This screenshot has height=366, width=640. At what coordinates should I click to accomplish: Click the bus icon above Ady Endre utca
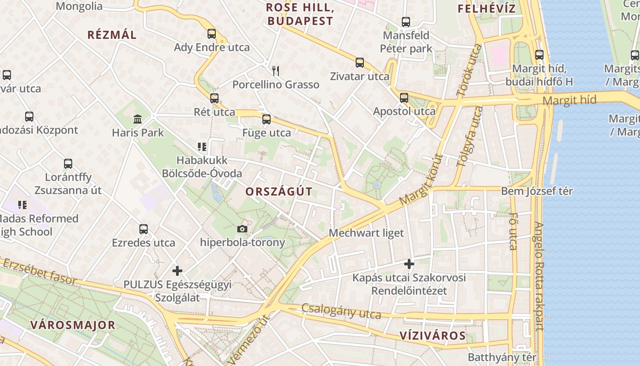click(x=211, y=33)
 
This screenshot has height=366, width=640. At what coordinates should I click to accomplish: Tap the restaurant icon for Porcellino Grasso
click(x=275, y=70)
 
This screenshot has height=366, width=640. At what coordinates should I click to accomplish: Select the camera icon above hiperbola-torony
click(x=242, y=229)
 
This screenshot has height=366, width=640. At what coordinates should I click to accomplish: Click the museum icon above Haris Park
click(x=137, y=119)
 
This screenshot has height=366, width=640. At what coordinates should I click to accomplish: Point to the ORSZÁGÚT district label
click(x=279, y=192)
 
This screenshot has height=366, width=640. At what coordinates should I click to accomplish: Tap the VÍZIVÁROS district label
click(x=432, y=336)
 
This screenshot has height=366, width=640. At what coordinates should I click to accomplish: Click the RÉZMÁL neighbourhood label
click(x=112, y=35)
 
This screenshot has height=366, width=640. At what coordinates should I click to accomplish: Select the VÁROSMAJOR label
click(x=73, y=325)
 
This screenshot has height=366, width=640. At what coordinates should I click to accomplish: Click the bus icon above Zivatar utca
click(x=360, y=62)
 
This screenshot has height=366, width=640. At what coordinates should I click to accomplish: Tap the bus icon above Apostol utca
click(x=404, y=97)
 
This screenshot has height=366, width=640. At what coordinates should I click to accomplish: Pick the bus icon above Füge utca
click(x=267, y=119)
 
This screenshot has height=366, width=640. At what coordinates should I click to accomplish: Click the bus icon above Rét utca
click(x=214, y=98)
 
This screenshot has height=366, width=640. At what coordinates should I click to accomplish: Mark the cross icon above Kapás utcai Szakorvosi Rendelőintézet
click(x=409, y=264)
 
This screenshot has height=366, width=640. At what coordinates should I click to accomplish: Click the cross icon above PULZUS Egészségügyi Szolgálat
click(x=177, y=271)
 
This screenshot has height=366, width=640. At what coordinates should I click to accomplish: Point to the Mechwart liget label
click(x=366, y=233)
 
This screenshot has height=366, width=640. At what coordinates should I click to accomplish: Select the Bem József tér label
click(x=537, y=191)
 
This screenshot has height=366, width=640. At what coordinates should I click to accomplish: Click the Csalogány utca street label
click(x=341, y=312)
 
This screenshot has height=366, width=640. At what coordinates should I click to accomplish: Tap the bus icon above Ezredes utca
click(x=144, y=229)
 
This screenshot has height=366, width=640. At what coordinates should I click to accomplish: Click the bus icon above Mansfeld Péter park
click(x=405, y=22)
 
